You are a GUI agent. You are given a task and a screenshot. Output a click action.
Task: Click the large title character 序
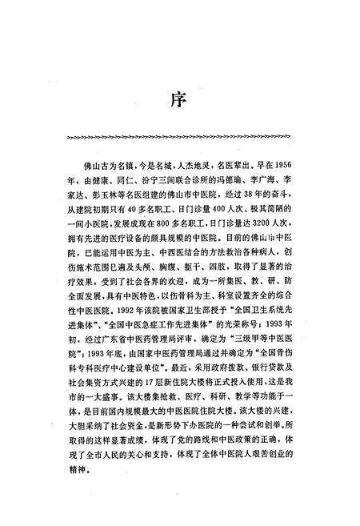pos(180,101)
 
